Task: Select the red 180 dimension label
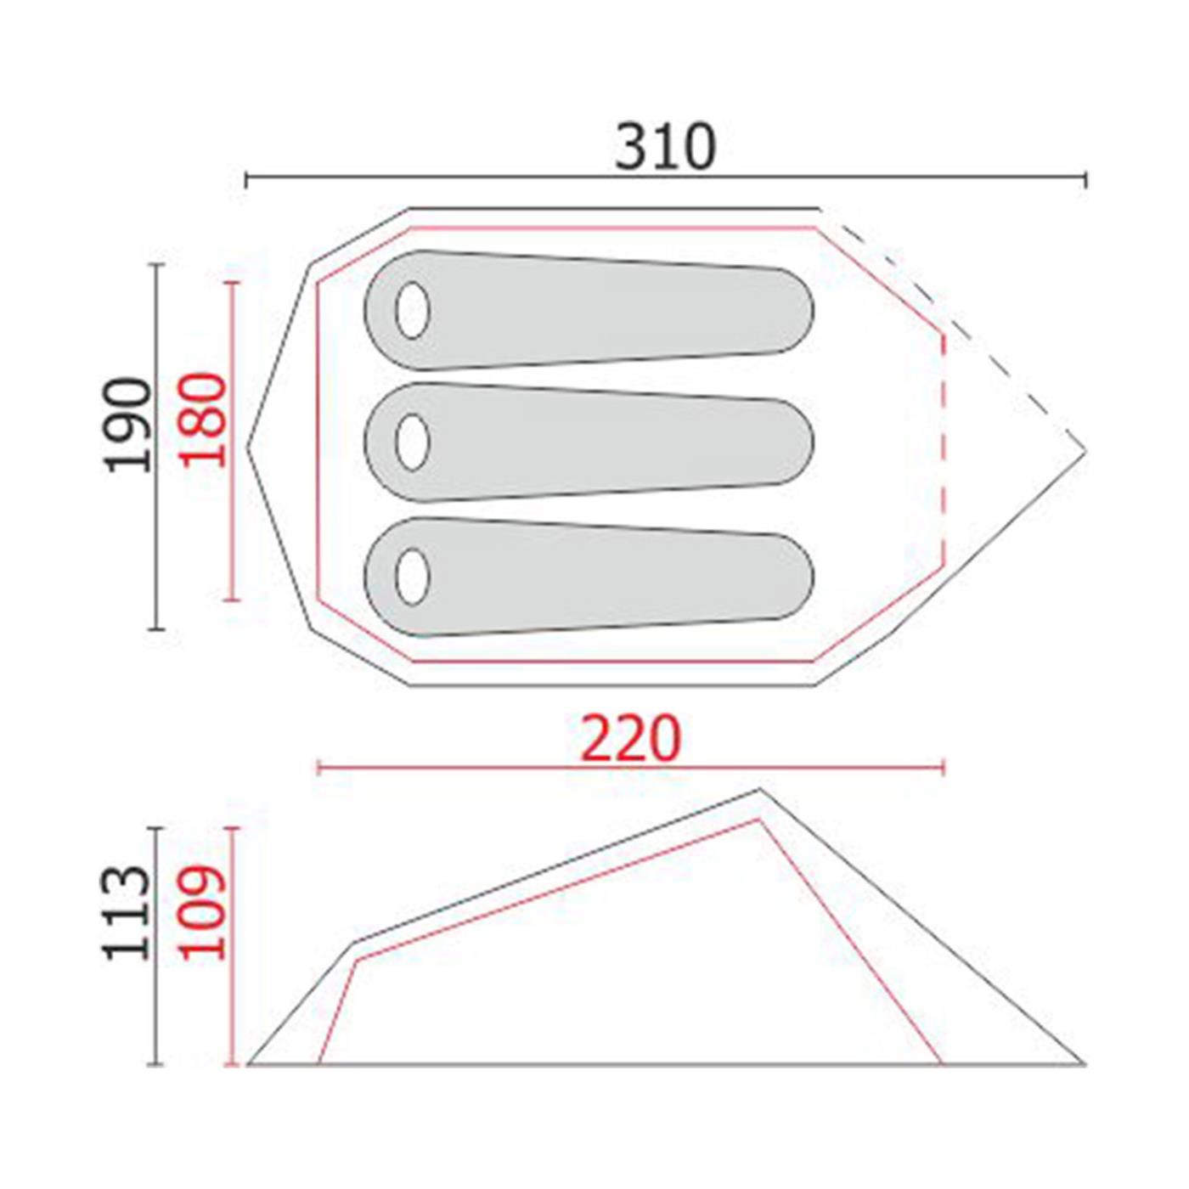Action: [x=203, y=419]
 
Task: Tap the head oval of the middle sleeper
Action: [x=412, y=442]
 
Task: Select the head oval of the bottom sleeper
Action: [x=412, y=577]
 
